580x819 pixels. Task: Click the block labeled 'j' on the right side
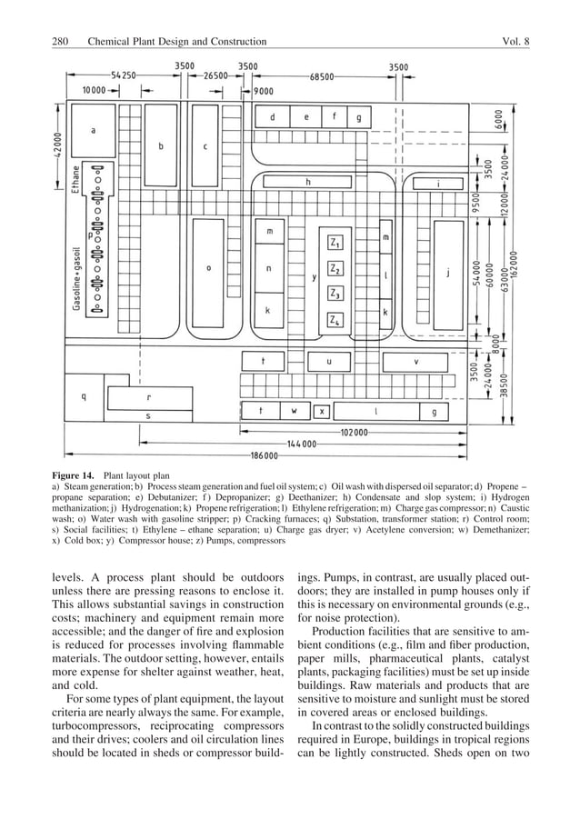pyautogui.click(x=447, y=270)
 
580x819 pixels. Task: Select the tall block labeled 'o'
pyautogui.click(x=209, y=269)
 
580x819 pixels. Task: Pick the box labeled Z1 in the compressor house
pyautogui.click(x=335, y=244)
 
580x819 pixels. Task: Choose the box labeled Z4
pyautogui.click(x=335, y=321)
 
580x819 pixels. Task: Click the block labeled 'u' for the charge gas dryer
pyautogui.click(x=328, y=361)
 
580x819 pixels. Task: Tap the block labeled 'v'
pyautogui.click(x=416, y=361)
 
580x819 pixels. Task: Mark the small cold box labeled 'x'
pyautogui.click(x=321, y=411)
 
